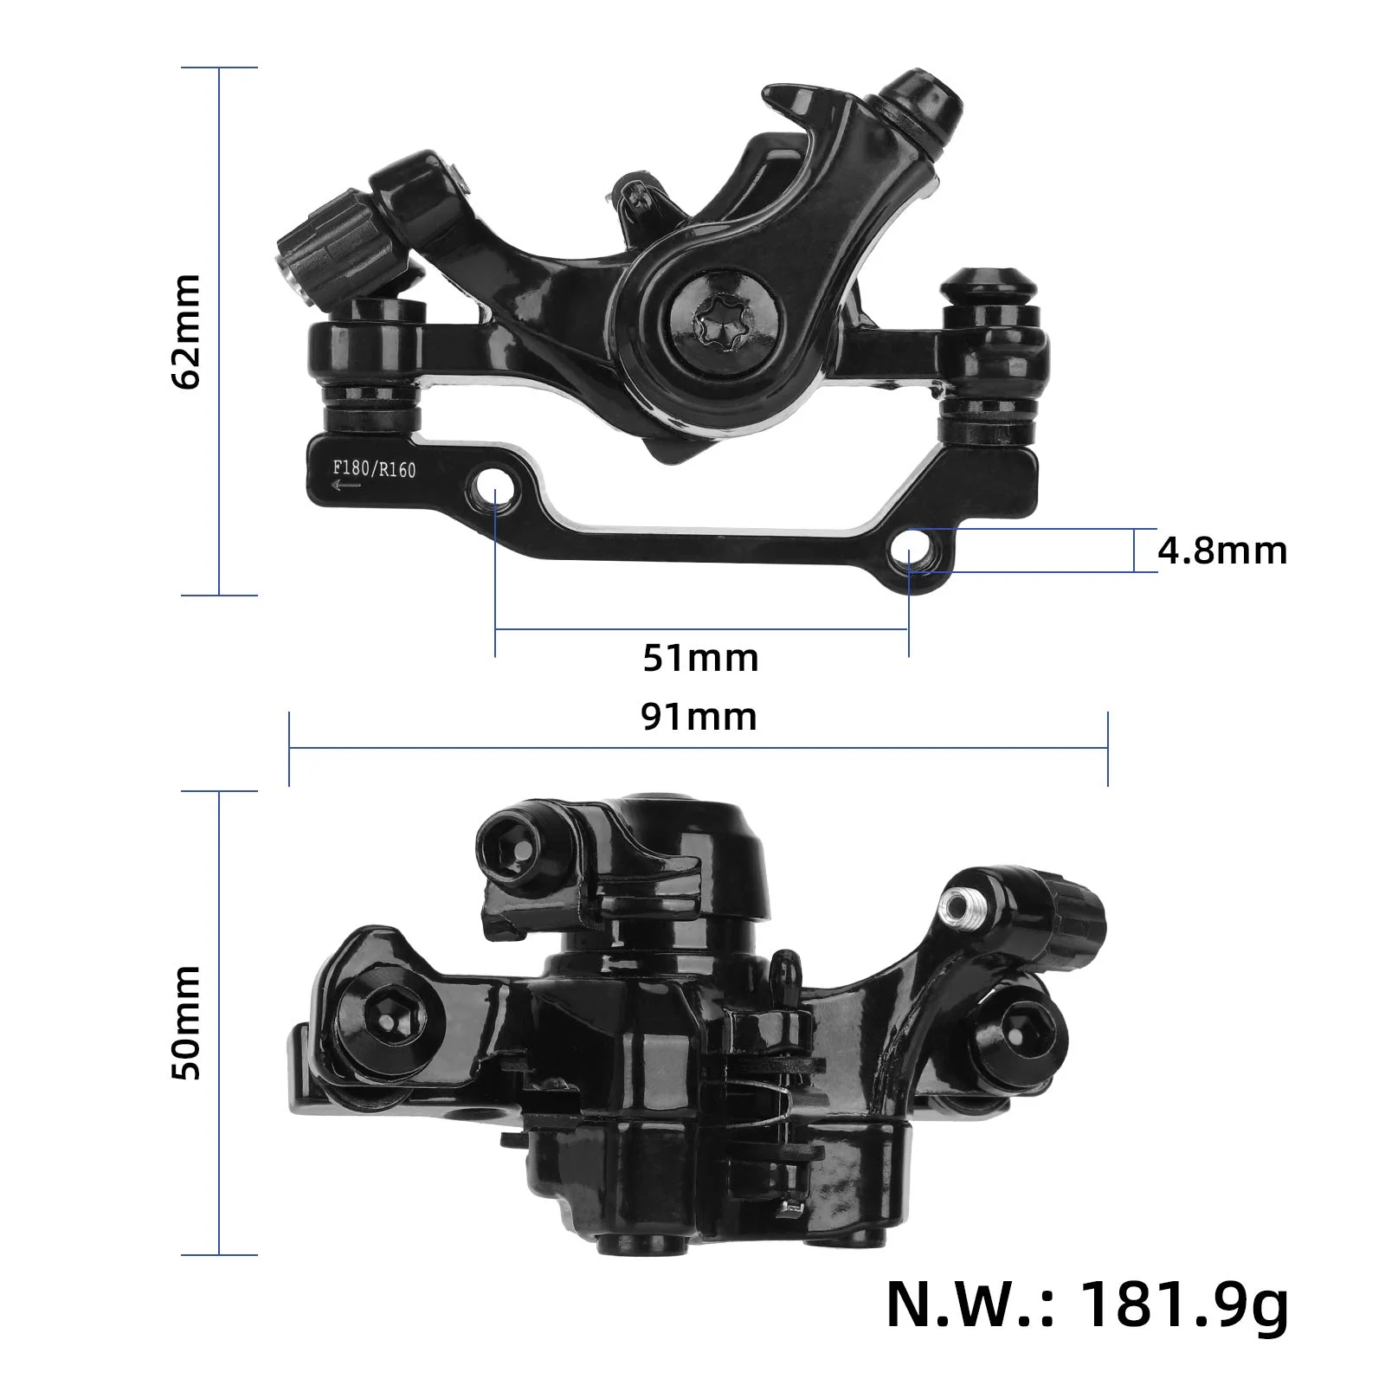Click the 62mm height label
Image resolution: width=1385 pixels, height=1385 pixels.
coord(187,331)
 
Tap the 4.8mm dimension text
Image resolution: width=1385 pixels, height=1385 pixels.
coord(1221,551)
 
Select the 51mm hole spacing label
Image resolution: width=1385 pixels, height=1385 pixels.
coord(700,658)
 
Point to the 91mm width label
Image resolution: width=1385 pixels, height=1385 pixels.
coord(699,717)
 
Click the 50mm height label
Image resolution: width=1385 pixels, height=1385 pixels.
coord(187,1022)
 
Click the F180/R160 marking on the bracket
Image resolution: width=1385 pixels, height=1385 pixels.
coord(374,470)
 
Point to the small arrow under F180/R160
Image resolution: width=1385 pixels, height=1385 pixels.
coord(346,486)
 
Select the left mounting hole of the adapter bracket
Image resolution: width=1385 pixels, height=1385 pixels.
coord(495,481)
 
